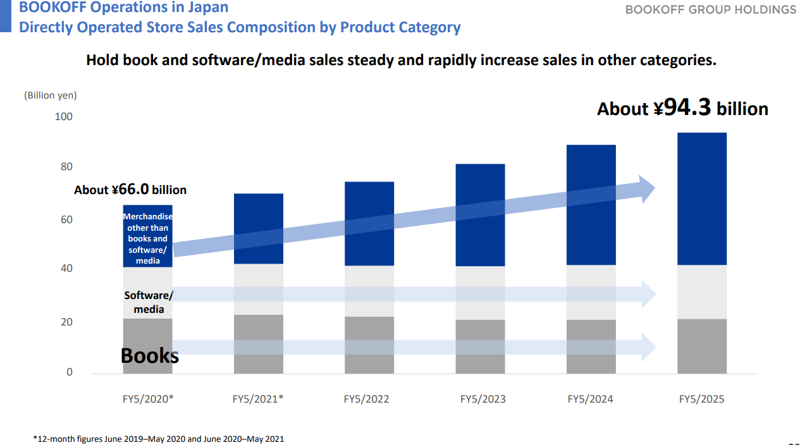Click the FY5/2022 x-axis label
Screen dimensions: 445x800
[366, 399]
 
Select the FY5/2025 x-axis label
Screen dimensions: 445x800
[701, 399]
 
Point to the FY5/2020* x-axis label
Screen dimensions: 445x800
[148, 399]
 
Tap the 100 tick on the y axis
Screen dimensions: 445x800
[64, 117]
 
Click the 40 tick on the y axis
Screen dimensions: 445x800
[66, 269]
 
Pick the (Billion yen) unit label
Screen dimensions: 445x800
[51, 95]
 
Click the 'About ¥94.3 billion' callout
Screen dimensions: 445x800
[682, 109]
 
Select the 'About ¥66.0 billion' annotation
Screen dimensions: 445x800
[130, 190]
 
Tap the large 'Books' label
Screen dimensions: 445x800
[150, 355]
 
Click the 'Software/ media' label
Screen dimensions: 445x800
[149, 302]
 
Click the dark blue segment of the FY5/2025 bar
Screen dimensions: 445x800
[701, 198]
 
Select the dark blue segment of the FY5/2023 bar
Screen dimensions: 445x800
[480, 215]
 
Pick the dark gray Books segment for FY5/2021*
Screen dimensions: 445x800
[258, 344]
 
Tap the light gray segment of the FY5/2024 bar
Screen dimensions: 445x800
[591, 292]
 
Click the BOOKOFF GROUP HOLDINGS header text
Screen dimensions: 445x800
[711, 9]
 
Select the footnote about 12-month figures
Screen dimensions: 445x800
[159, 439]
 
